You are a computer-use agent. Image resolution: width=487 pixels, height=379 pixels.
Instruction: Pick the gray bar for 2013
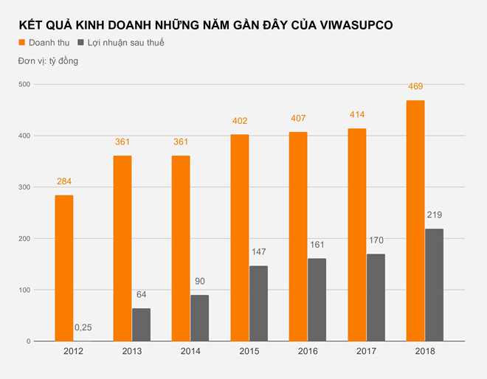click(141, 324)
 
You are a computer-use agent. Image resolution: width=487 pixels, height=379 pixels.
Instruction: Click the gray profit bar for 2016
click(317, 299)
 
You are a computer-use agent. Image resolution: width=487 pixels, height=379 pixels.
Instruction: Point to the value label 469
click(415, 86)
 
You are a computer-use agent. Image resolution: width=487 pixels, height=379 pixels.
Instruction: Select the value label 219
click(434, 215)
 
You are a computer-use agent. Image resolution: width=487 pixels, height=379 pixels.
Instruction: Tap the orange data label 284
click(64, 181)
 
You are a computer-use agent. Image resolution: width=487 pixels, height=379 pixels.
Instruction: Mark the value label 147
click(258, 251)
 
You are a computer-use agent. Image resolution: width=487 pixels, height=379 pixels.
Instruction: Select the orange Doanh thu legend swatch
click(23, 43)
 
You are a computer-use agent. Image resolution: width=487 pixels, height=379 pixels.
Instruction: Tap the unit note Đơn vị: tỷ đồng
click(49, 60)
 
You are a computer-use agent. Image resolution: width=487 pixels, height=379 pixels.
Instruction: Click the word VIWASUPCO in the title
click(358, 25)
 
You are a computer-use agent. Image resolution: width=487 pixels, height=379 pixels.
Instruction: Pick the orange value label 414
click(356, 114)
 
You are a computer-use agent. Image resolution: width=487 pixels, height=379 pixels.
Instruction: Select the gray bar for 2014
click(200, 318)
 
